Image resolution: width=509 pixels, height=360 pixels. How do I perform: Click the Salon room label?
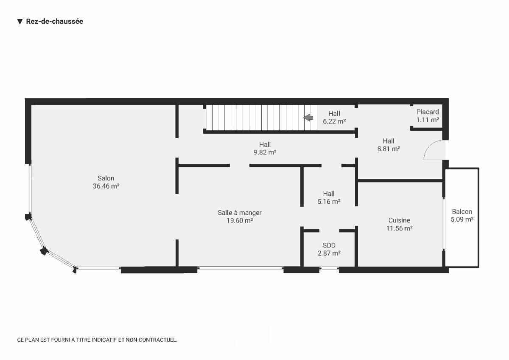coord(106,178)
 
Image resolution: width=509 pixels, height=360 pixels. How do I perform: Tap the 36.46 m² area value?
coord(106,186)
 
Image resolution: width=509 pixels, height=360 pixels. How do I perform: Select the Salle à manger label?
coord(240,213)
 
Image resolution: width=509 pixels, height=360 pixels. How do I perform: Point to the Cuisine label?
coord(399,220)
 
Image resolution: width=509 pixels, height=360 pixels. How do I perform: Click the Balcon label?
coord(462,212)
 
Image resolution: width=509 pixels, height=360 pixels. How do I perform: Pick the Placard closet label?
coord(428,112)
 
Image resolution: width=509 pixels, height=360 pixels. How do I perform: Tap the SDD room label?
coord(329,245)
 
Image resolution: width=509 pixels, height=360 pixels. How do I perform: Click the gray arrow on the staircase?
coord(308,118)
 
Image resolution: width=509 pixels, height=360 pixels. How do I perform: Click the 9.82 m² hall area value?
coord(265,152)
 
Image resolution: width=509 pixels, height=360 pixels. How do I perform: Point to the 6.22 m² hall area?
coord(334,121)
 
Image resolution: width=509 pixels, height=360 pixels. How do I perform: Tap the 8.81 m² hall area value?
coord(389,149)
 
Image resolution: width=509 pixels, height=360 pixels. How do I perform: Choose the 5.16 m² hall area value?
coord(329,202)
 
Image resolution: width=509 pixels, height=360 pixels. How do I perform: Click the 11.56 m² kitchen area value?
coord(399,228)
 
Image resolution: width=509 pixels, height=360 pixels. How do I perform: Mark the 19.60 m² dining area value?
coord(240,221)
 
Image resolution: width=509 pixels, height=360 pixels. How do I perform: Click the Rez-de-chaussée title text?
coord(55,21)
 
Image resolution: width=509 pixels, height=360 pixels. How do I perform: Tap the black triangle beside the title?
coord(20,22)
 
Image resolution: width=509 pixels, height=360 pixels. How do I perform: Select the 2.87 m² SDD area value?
coord(329,253)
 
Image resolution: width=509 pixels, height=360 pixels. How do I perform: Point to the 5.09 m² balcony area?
coord(462,219)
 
